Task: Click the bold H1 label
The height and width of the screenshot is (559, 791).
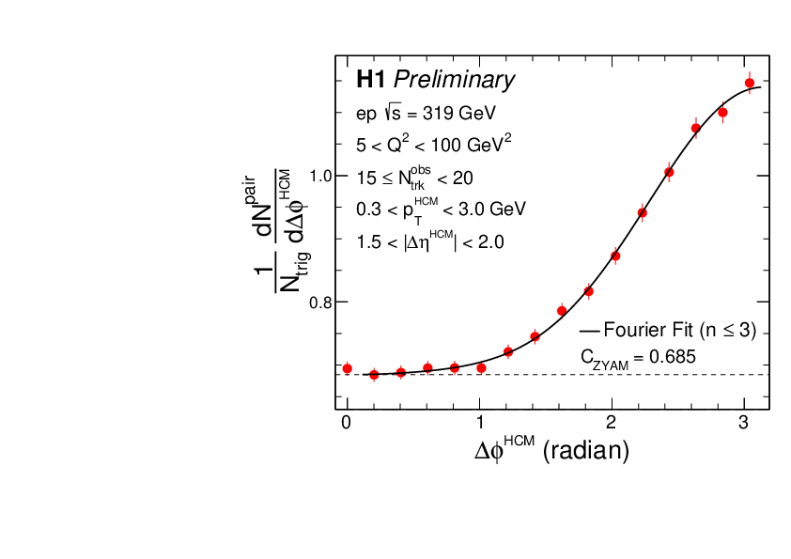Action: (x=371, y=81)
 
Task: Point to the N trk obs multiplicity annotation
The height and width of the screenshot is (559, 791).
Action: (x=414, y=177)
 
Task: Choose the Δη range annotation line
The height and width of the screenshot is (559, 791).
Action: (x=430, y=241)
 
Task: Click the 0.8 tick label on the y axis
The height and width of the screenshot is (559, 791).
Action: (x=321, y=303)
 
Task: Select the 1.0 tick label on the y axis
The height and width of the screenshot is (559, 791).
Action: (x=321, y=176)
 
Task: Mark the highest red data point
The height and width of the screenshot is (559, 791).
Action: (x=750, y=83)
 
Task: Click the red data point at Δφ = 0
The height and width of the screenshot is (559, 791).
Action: (x=347, y=368)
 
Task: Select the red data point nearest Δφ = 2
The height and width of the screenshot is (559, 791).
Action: (x=615, y=256)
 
